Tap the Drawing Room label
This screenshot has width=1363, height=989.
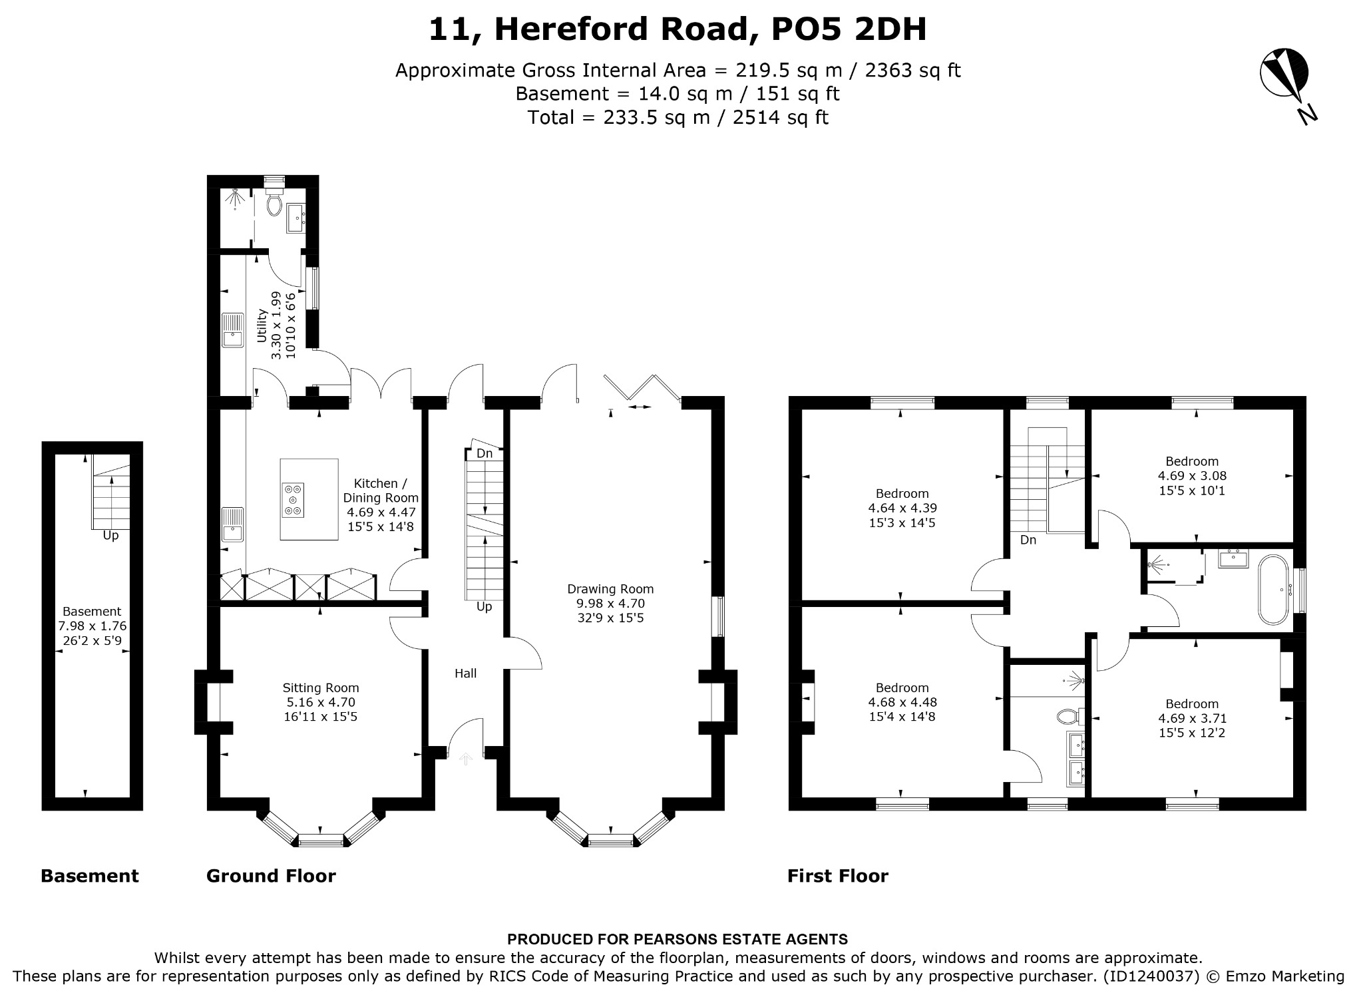click(x=610, y=589)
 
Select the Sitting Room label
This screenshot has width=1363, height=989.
click(x=321, y=688)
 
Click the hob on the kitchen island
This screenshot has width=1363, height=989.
click(x=293, y=499)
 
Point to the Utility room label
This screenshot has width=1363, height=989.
click(x=262, y=325)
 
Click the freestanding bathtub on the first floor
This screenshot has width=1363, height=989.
click(x=1273, y=589)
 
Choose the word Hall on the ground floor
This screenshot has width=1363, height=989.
click(x=466, y=674)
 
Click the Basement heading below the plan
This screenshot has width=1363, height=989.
click(x=90, y=876)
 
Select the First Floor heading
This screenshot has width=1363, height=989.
click(x=838, y=876)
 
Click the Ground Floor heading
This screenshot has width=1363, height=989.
click(x=271, y=876)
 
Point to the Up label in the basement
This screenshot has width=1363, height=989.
click(x=110, y=536)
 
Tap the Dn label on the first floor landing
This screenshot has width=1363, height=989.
click(x=1028, y=540)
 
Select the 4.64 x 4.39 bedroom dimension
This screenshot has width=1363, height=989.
click(x=902, y=508)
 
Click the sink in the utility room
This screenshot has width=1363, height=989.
click(x=232, y=330)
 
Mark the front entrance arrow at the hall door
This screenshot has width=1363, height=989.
click(x=465, y=758)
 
